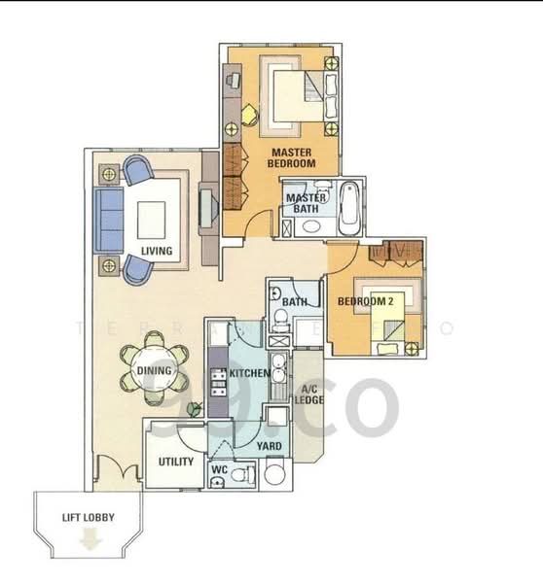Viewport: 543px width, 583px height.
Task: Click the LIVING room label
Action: point(156,252)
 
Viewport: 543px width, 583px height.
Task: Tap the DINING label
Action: point(154,370)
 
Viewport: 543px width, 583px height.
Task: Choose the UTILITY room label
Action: point(175,462)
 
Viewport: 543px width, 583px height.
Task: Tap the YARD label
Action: point(270,446)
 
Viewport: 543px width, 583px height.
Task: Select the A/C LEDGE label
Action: point(308,393)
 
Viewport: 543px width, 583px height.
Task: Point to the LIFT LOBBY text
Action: point(89,518)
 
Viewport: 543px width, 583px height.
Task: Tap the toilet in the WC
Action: point(246,475)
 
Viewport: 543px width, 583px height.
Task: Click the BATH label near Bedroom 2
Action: point(295,302)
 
